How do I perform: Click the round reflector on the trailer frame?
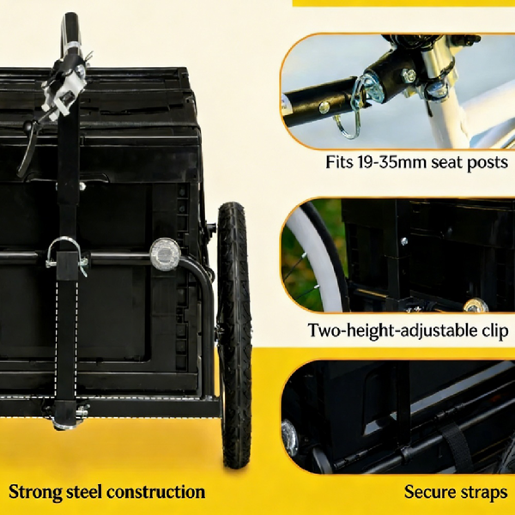[165, 254]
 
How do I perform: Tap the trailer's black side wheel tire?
[233, 335]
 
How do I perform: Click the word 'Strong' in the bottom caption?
[35, 493]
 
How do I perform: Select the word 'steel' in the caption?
[84, 492]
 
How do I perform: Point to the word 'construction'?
[155, 492]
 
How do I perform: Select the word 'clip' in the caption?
[495, 330]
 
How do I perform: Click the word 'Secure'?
[429, 492]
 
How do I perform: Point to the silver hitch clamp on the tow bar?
[64, 88]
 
